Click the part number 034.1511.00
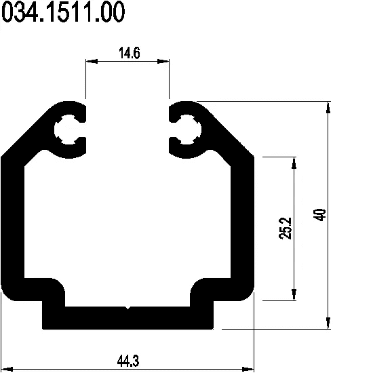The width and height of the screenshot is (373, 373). point(63,12)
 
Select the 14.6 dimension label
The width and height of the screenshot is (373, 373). point(129,53)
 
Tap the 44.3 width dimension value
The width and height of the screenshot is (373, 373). point(128,361)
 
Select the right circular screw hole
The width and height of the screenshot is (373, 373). point(188,130)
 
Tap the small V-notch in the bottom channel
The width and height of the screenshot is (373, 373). point(128,308)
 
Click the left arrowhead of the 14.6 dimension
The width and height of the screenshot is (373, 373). point(92,61)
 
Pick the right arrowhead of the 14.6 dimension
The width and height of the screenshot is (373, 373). point(163,61)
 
